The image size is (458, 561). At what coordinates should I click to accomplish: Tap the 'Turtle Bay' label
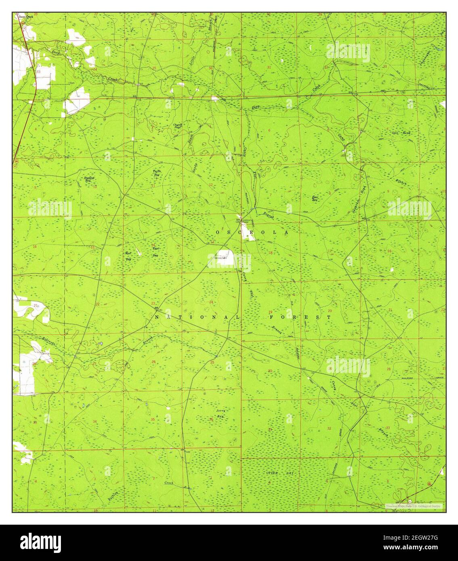point(157,172)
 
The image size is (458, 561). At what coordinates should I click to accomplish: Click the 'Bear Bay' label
point(316,198)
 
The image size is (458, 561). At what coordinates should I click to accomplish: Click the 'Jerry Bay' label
point(220,413)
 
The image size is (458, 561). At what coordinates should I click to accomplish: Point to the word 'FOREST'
point(300,317)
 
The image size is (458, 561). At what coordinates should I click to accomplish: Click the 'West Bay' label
point(128,256)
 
